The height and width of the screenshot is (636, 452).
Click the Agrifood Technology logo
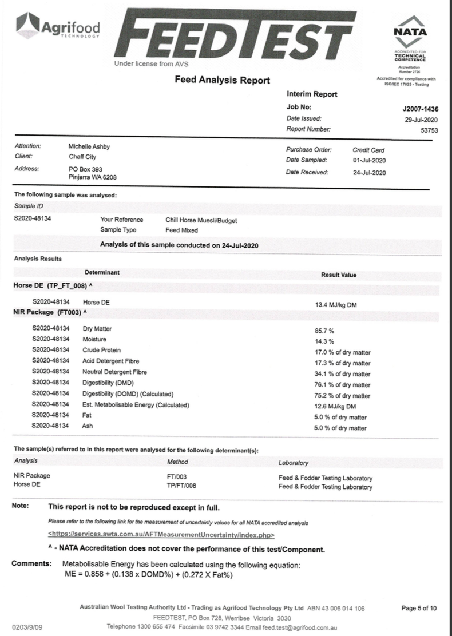coord(58,26)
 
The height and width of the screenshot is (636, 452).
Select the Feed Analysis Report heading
coord(222,80)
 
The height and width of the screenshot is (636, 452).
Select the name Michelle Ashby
coord(89,146)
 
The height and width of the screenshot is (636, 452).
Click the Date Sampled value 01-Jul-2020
coord(369,160)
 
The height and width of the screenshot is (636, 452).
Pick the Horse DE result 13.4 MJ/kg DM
coord(336,305)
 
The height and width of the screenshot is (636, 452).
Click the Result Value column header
coord(339,275)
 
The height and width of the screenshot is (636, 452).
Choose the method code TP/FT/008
coord(181,487)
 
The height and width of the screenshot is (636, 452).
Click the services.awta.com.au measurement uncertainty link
coord(161,535)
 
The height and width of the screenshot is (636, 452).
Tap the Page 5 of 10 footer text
coord(420,608)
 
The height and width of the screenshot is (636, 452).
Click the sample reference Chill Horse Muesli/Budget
coord(201,220)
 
